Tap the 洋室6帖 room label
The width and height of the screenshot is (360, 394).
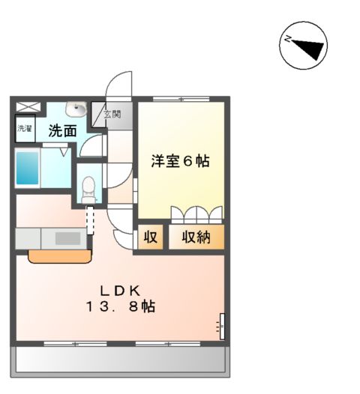click(181, 160)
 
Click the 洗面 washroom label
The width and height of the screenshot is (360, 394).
click(62, 130)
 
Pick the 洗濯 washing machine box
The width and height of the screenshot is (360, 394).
click(25, 129)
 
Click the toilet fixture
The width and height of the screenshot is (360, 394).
click(88, 186)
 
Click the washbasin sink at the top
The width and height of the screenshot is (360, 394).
click(76, 109)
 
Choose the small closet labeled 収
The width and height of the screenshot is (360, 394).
click(150, 237)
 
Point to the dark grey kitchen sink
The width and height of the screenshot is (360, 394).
click(66, 238)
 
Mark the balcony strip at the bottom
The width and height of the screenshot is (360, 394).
click(120, 361)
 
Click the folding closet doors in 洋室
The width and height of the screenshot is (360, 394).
click(196, 214)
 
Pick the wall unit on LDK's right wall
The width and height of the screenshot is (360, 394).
click(222, 324)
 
